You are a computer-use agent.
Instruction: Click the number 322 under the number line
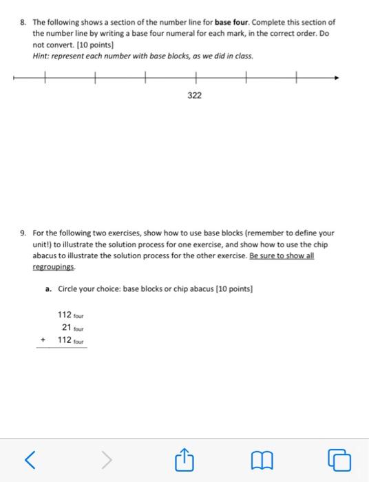click(x=195, y=96)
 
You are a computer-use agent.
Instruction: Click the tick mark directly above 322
click(x=196, y=78)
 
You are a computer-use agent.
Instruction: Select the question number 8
click(x=23, y=22)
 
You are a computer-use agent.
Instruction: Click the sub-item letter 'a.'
click(x=49, y=289)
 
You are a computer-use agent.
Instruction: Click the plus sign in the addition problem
click(x=44, y=339)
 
